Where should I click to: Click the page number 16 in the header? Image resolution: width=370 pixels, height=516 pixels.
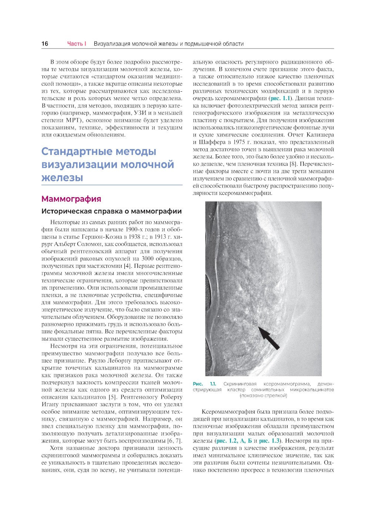(44, 44)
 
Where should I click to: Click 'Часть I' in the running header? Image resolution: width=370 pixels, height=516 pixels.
(77, 44)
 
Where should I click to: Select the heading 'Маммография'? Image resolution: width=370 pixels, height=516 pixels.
(71, 199)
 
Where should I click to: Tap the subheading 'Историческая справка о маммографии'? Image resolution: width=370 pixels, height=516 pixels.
(111, 211)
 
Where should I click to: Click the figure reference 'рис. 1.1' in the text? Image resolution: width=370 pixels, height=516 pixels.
(281, 98)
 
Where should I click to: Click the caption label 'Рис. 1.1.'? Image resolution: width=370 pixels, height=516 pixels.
(204, 384)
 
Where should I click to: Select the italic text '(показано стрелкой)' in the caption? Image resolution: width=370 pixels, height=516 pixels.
(263, 395)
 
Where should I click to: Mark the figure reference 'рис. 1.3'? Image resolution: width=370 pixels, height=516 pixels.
(270, 441)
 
